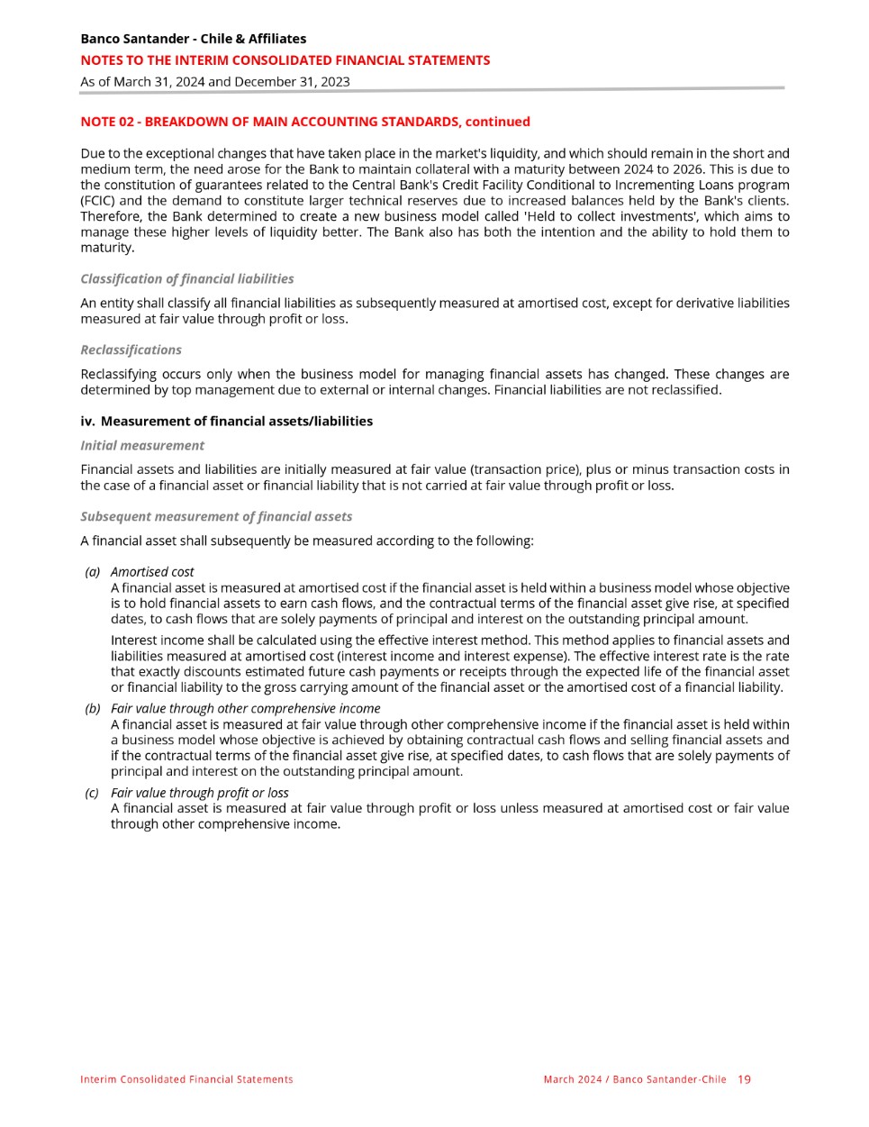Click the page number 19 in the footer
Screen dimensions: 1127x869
coord(744,1079)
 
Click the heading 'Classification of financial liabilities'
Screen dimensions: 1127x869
coord(186,279)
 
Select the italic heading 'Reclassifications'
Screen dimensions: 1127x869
coord(131,350)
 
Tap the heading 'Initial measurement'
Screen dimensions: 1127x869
coord(142,446)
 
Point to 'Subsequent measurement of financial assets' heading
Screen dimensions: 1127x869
coord(216,517)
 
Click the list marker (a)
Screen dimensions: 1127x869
coord(92,572)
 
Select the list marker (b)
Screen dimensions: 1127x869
coord(92,709)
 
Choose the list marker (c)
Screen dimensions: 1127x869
coord(92,794)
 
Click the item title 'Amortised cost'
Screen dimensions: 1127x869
coord(152,572)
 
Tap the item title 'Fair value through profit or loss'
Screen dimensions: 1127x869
coord(199,794)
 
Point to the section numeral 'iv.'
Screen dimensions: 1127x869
coord(87,422)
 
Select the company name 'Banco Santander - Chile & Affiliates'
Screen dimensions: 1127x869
coord(193,39)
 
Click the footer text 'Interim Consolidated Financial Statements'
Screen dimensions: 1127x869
coord(186,1079)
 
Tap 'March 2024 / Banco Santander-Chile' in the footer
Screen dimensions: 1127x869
coord(634,1079)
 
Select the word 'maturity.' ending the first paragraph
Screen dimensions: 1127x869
coord(107,248)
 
